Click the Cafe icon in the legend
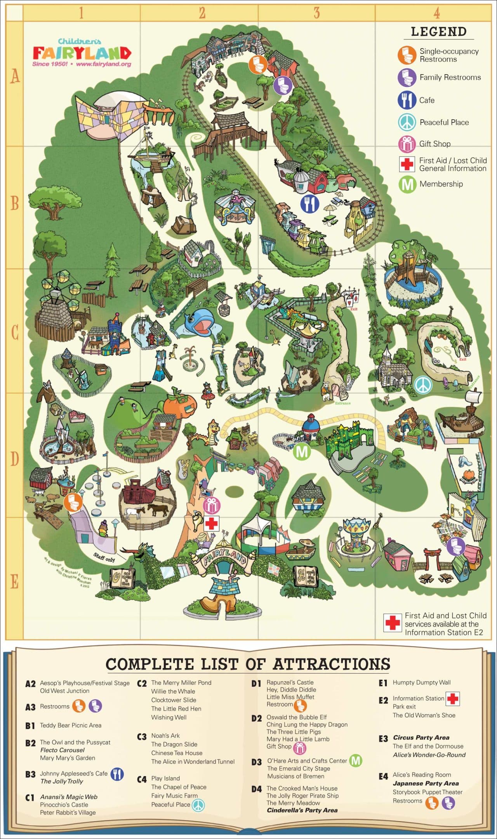(x=407, y=100)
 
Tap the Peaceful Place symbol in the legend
(x=407, y=122)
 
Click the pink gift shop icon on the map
(x=212, y=505)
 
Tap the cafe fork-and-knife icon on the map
(x=309, y=204)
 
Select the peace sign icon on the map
(x=422, y=385)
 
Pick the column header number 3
(x=316, y=13)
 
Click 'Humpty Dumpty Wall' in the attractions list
(x=421, y=682)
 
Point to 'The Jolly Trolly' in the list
(x=62, y=782)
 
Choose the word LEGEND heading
(x=439, y=32)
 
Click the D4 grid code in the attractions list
(x=256, y=789)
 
